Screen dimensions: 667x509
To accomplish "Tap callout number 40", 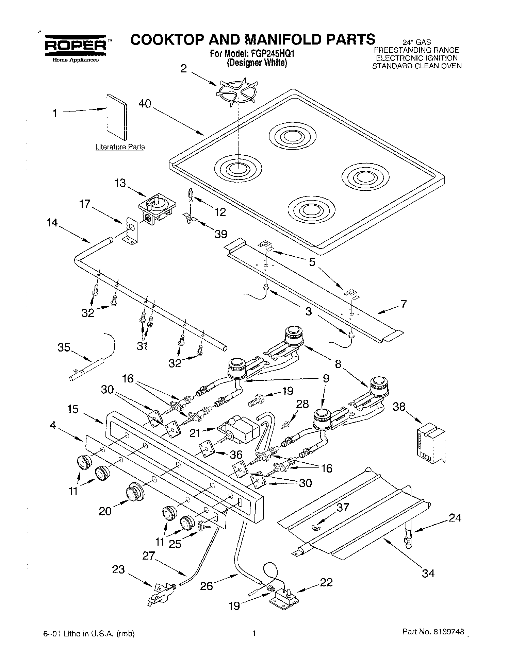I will [x=145, y=104].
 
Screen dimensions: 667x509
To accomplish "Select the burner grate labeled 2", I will [x=238, y=91].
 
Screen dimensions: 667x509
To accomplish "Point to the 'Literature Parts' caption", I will [x=120, y=147].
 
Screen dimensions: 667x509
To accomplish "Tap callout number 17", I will [x=85, y=204].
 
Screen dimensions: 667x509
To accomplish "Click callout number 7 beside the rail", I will [x=404, y=304].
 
